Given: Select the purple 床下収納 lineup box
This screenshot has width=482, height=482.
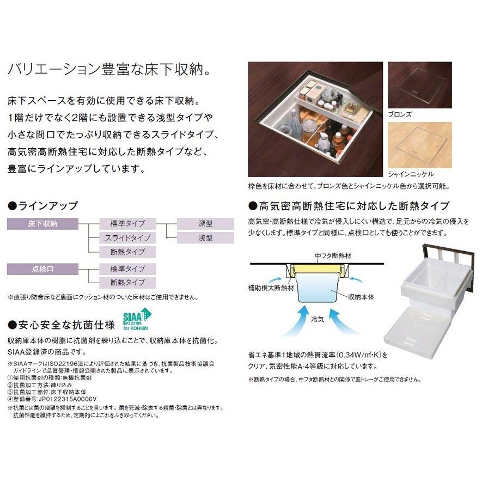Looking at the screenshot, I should tap(48, 223).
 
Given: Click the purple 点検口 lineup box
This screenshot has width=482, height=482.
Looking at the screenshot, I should tap(48, 268).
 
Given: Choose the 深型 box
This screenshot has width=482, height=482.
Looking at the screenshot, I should tap(205, 223).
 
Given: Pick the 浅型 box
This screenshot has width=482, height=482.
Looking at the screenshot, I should tap(205, 237).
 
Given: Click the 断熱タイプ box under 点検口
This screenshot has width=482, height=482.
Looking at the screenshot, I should tap(127, 282).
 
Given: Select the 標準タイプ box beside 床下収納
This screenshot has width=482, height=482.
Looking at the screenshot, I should tap(127, 223).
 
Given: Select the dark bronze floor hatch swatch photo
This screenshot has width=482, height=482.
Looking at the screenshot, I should tap(419, 86).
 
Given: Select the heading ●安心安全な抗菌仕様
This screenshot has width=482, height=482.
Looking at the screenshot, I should tap(61, 325).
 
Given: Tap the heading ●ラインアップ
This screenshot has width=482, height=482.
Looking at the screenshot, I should tap(42, 206).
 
